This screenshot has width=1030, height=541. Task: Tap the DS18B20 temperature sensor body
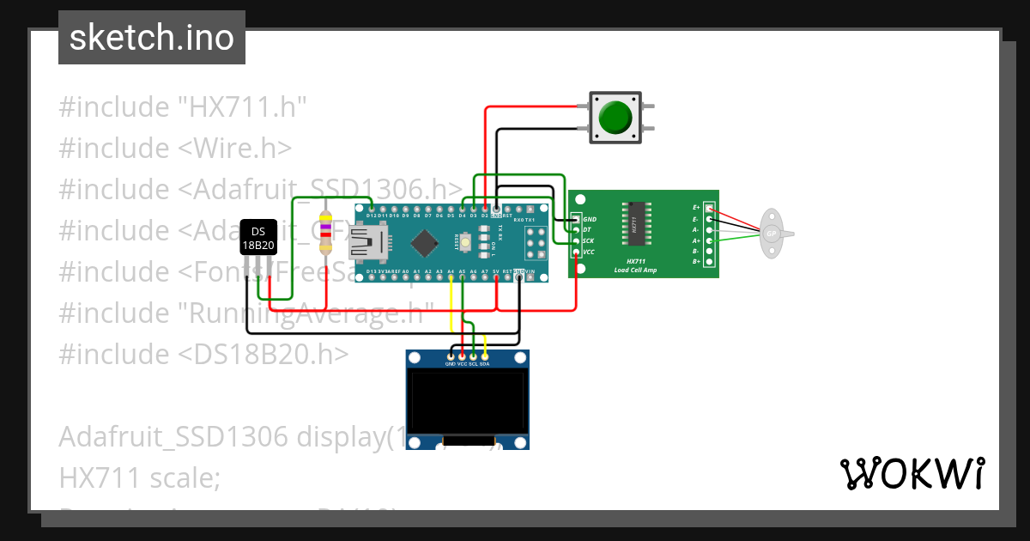point(257,238)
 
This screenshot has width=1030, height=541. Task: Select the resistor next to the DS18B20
point(325,232)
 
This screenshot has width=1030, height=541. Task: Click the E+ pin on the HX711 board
point(709,208)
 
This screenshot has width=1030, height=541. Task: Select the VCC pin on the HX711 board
point(576,252)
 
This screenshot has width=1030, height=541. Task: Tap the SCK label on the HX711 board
point(589,241)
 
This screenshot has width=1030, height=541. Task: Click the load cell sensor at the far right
point(772,233)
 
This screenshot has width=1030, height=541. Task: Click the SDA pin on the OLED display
point(485,356)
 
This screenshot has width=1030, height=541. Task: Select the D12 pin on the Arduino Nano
point(371,209)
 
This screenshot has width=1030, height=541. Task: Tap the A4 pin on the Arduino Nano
point(451,277)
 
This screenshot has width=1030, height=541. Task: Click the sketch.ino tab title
point(152,38)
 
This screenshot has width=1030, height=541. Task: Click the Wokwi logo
point(912,474)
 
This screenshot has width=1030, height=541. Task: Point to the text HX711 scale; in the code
point(140,477)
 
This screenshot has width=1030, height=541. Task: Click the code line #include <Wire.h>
point(175,148)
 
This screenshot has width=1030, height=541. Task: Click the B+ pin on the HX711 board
point(709,261)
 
